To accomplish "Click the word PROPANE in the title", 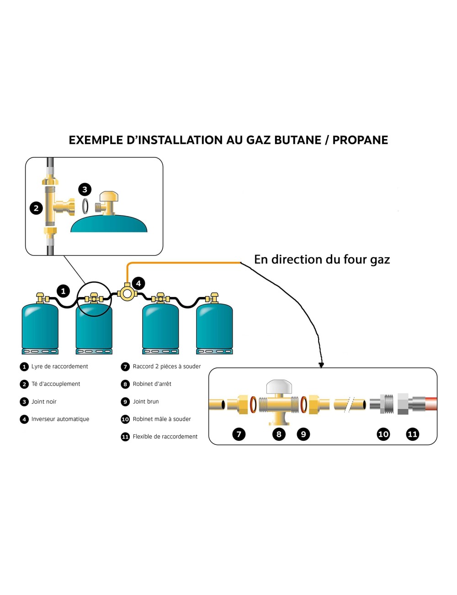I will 360,140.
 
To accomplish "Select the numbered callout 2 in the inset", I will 36,208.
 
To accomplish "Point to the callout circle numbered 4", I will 138,283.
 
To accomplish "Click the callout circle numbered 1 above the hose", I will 63,291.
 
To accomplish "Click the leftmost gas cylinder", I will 40,327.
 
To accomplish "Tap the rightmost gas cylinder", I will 214,327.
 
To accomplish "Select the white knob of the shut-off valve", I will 279,387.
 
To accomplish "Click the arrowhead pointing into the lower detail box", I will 321,365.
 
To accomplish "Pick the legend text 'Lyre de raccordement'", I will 59,367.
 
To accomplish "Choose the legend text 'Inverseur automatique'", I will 60,419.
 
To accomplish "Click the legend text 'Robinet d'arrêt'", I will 152,384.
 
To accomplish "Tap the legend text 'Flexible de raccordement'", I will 165,437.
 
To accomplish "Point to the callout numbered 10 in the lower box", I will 383,434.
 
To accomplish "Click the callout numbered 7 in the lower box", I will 239,434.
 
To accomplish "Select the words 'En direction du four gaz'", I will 322,260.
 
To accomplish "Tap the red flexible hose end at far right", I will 431,404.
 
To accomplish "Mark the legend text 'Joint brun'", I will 146,402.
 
